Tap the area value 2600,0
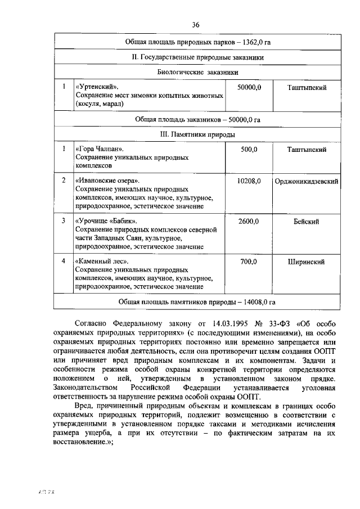click(x=249, y=222)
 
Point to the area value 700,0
click(x=249, y=262)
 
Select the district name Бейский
click(x=307, y=222)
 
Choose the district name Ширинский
click(x=307, y=262)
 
